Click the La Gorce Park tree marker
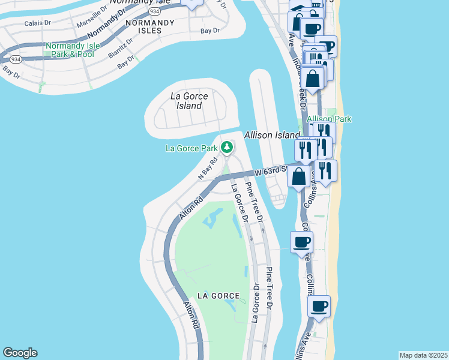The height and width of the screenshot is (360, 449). point(227,147)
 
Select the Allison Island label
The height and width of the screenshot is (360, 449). point(270,135)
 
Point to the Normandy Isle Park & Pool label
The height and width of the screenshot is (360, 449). point(70,50)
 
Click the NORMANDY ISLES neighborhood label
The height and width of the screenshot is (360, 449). point(149,26)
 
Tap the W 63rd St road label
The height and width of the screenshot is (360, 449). point(273,171)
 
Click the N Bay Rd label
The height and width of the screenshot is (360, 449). point(207,168)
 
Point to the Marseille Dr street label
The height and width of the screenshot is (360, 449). point(92,16)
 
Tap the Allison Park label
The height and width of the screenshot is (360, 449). point(329,119)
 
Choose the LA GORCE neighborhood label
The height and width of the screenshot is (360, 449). point(218,296)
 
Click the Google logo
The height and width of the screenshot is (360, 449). point(20,353)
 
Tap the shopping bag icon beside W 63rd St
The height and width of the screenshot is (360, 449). point(299,176)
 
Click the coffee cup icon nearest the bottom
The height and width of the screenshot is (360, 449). point(318,307)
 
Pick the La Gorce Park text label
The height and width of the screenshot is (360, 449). point(192,148)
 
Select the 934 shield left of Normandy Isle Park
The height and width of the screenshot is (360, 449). point(15,59)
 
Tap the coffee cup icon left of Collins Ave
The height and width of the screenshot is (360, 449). point(301,242)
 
